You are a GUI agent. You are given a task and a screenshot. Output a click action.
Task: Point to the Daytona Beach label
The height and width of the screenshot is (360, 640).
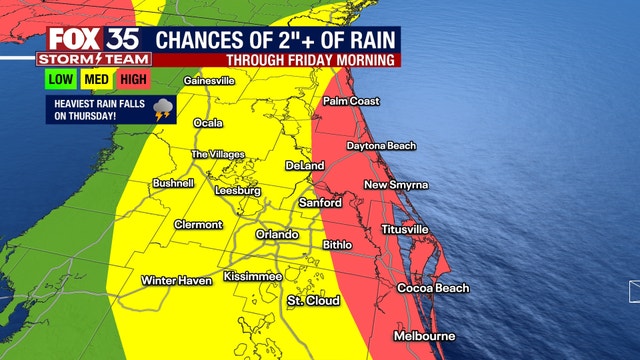click(381, 146)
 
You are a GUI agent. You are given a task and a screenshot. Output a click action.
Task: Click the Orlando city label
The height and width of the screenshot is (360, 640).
click(277, 234)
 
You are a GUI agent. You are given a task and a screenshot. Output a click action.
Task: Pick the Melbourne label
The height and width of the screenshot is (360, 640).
click(425, 335)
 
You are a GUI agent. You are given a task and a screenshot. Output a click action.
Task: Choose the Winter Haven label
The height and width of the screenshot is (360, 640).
click(176, 280)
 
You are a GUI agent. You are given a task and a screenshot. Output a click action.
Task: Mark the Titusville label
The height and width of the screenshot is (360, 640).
click(405, 229)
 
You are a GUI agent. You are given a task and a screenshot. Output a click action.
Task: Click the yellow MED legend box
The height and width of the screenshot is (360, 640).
click(96, 79)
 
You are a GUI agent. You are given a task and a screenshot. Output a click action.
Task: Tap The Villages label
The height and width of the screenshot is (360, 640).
click(217, 155)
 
